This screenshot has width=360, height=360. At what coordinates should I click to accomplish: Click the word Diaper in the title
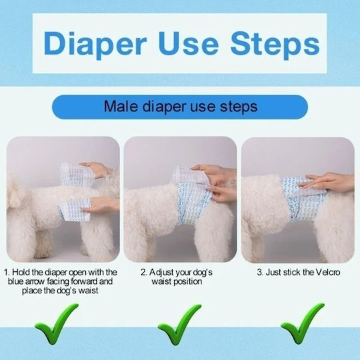coord(95,44)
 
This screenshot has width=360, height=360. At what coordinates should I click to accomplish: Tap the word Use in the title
coord(188,43)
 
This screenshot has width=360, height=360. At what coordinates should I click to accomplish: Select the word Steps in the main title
coord(275,45)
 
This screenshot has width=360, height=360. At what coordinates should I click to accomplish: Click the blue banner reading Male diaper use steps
coord(180,107)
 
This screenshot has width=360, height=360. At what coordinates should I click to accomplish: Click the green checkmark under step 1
coord(57,323)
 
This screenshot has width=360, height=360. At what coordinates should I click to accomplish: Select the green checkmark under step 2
coord(179,324)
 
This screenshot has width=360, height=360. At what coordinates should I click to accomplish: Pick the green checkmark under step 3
coord(303,323)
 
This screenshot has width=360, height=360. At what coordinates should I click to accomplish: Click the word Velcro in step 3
coord(328,272)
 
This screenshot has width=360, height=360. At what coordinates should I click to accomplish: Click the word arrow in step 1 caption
coord(35,282)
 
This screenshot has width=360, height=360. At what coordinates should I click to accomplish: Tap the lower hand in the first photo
coord(100,205)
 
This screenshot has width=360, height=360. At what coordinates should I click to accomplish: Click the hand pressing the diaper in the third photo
coord(327,183)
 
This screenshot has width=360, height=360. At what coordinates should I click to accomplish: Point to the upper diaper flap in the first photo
coord(77,173)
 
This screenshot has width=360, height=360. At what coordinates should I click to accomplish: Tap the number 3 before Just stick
coord(259,273)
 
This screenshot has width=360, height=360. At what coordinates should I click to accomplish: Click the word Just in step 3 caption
coord(273,273)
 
